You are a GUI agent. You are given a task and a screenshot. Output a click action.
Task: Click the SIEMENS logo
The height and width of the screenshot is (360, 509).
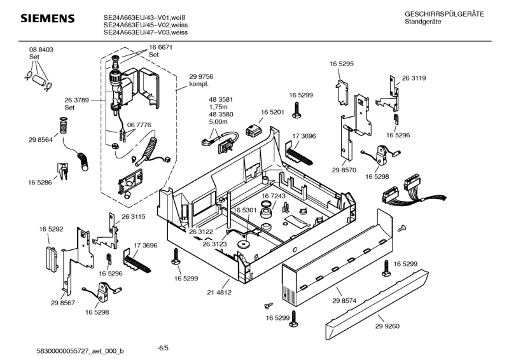[48, 18]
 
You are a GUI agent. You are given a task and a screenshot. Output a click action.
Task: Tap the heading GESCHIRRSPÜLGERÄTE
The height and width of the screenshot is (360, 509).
[444, 14]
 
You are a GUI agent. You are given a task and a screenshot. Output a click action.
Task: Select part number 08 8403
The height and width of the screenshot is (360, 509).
[40, 50]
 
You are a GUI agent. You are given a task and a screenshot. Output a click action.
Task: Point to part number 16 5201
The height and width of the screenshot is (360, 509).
[272, 111]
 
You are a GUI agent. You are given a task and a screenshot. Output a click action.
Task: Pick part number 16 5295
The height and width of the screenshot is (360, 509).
[342, 64]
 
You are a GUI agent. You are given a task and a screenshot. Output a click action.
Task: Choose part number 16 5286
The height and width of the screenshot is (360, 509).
[39, 183]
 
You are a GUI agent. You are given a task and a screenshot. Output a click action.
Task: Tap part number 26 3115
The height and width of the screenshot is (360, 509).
[134, 217]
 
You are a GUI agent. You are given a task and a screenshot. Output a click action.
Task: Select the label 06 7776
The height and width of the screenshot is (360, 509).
[139, 125]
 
